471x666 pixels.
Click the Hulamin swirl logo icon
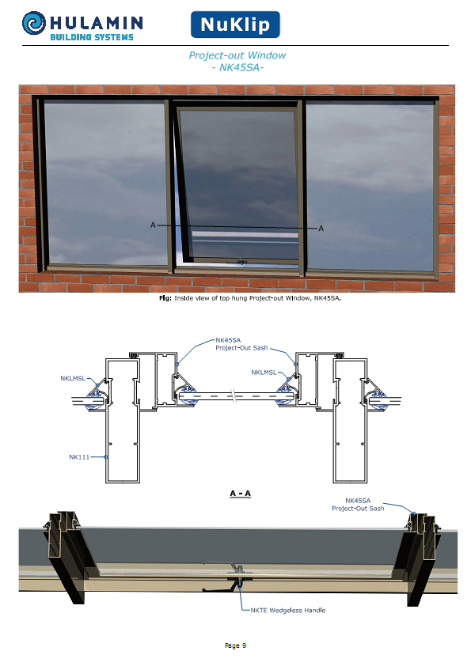pos(34,23)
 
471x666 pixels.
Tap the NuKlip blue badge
pos(235,25)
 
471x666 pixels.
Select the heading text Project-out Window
pos(237,55)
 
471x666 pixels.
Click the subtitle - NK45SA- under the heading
pos(237,67)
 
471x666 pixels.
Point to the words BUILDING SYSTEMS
pos(92,37)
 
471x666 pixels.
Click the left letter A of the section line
pos(153,225)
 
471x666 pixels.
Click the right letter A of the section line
pos(321,229)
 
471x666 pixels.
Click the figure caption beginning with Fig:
pos(250,298)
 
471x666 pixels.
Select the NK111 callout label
pos(79,457)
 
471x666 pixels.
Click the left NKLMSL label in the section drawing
pos(73,378)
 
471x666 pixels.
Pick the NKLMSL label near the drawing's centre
pos(264,373)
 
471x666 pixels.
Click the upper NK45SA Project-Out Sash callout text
pos(241,344)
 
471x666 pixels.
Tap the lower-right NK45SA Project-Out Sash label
pos(358,505)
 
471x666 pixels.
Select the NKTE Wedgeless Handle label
pos(288,611)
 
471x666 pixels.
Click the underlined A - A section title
pos(240,494)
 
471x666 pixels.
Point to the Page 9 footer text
pos(236,645)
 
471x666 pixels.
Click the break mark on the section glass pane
pos(234,396)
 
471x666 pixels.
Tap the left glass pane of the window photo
pos(105,183)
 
